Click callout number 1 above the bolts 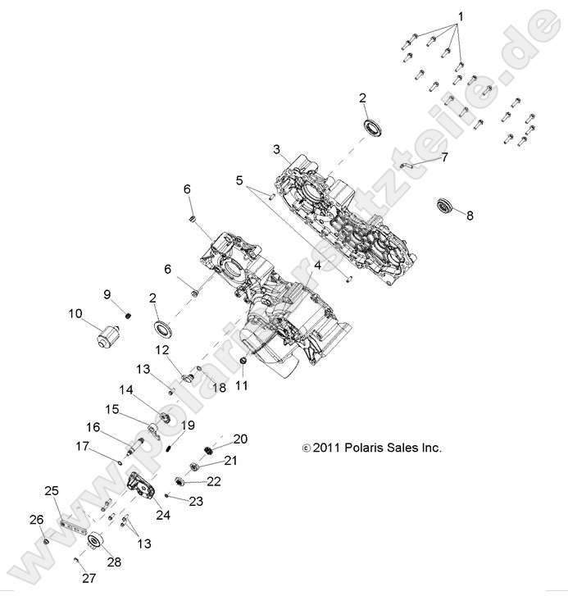coord(461,16)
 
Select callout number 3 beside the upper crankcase coord(277,149)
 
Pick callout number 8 coord(470,216)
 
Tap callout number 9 coord(107,294)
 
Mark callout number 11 coord(241,384)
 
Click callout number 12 coord(163,350)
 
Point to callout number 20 coord(240,438)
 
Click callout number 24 coord(163,515)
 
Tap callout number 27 coord(89,578)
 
